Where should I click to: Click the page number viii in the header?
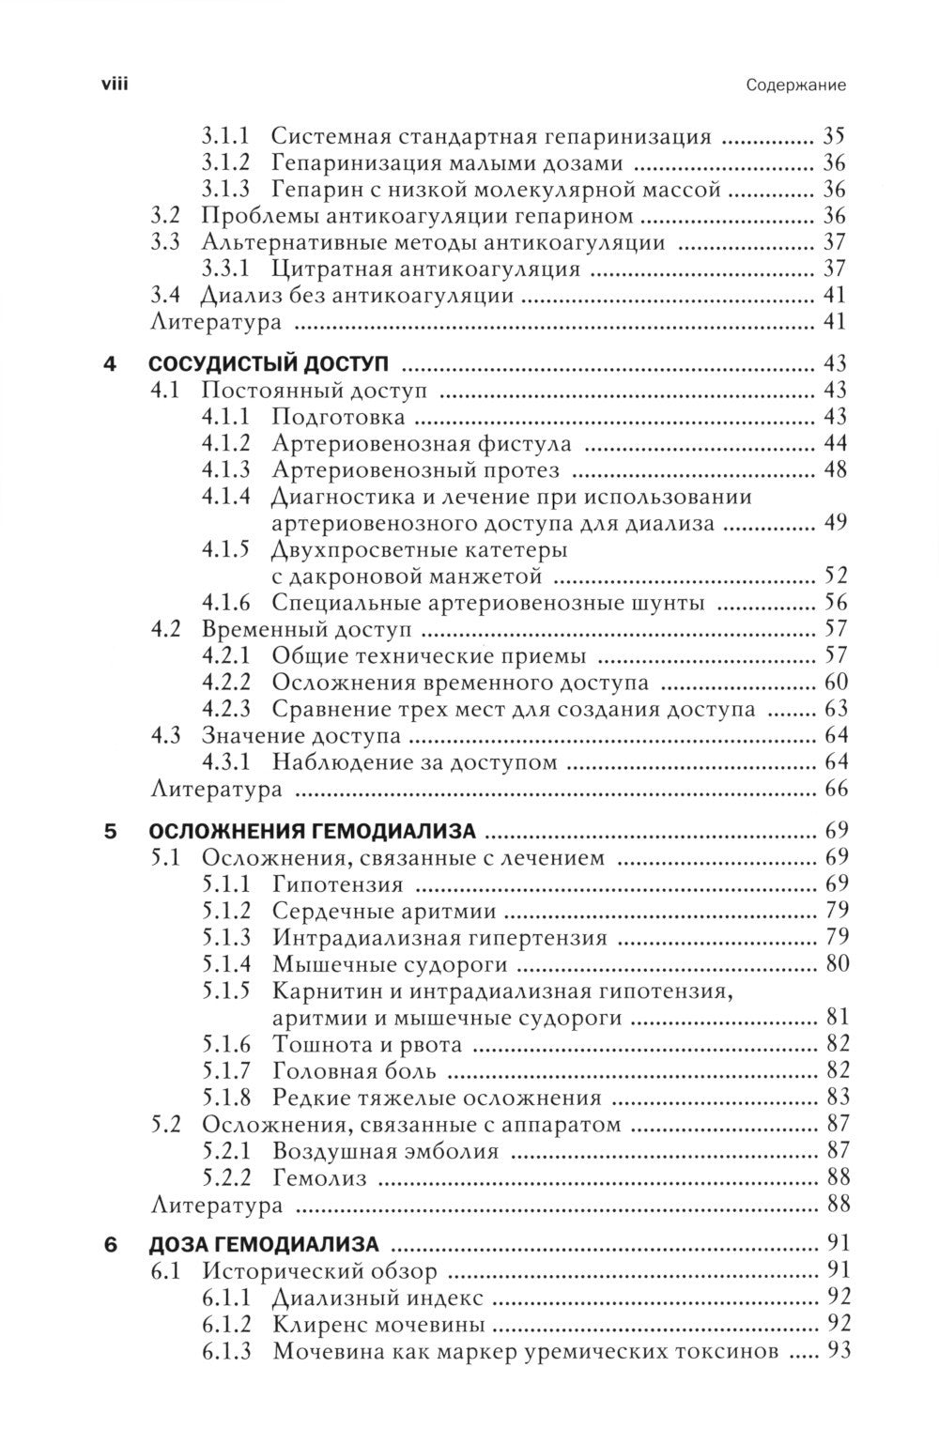[x=114, y=84]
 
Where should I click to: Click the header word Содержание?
[x=796, y=85]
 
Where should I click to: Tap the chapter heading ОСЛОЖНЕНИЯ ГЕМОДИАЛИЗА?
[x=313, y=830]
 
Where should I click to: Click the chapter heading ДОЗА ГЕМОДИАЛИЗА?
[x=265, y=1245]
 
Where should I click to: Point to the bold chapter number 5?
[x=111, y=830]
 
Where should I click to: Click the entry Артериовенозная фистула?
[x=422, y=442]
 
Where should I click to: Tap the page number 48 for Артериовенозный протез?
[x=835, y=469]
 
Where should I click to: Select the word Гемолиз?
[x=319, y=1177]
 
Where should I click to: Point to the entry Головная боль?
[x=354, y=1069]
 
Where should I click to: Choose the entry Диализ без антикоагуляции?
[x=357, y=297]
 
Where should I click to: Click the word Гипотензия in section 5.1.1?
[x=338, y=883]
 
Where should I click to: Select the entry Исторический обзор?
[x=320, y=1271]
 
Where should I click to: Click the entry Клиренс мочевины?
[x=379, y=1325]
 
